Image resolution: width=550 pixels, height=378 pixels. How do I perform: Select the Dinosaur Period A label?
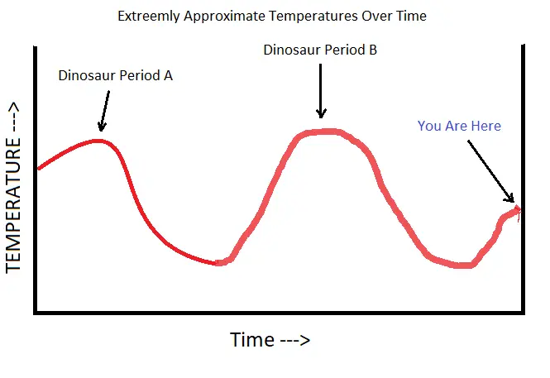click(115, 75)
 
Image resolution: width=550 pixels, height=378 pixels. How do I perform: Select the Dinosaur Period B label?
click(320, 50)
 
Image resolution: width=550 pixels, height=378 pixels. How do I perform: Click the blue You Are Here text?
click(459, 126)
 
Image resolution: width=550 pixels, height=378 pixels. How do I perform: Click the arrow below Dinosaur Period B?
click(322, 93)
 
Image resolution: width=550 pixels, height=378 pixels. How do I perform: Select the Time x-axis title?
click(270, 340)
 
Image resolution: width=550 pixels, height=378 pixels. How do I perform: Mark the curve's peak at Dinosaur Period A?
click(99, 141)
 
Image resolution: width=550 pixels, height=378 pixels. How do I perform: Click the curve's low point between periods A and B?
click(217, 263)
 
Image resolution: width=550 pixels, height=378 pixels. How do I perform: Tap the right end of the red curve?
click(519, 210)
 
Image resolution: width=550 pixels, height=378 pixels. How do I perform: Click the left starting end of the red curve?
click(39, 168)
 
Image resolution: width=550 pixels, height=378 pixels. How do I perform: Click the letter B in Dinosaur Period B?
click(373, 50)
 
